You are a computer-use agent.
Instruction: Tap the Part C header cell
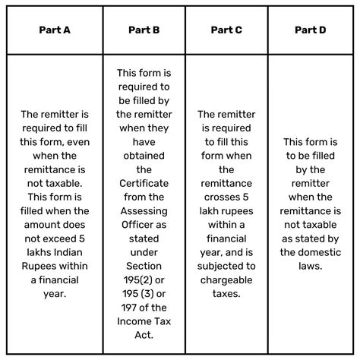pos(226,30)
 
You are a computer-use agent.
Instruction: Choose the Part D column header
pos(311,30)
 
